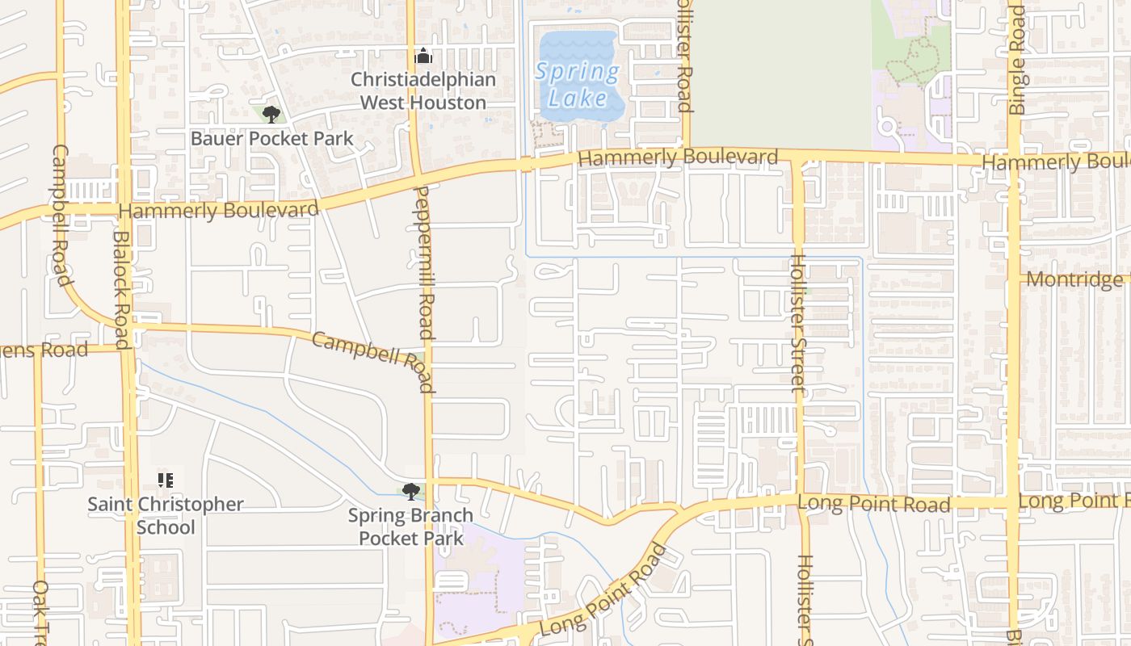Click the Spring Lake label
click(x=577, y=85)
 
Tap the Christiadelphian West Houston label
click(x=423, y=91)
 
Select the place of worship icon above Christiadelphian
click(x=423, y=57)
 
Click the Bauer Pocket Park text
click(x=271, y=139)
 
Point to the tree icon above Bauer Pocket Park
click(x=271, y=114)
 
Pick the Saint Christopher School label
click(x=166, y=515)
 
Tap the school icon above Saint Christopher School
click(x=166, y=481)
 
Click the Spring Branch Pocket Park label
click(x=410, y=526)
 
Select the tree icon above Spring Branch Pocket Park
click(x=411, y=491)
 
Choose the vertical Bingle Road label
click(x=1017, y=61)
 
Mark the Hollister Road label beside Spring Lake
click(x=684, y=57)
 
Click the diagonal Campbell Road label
click(x=374, y=361)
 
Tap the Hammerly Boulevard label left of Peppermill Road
click(x=218, y=211)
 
